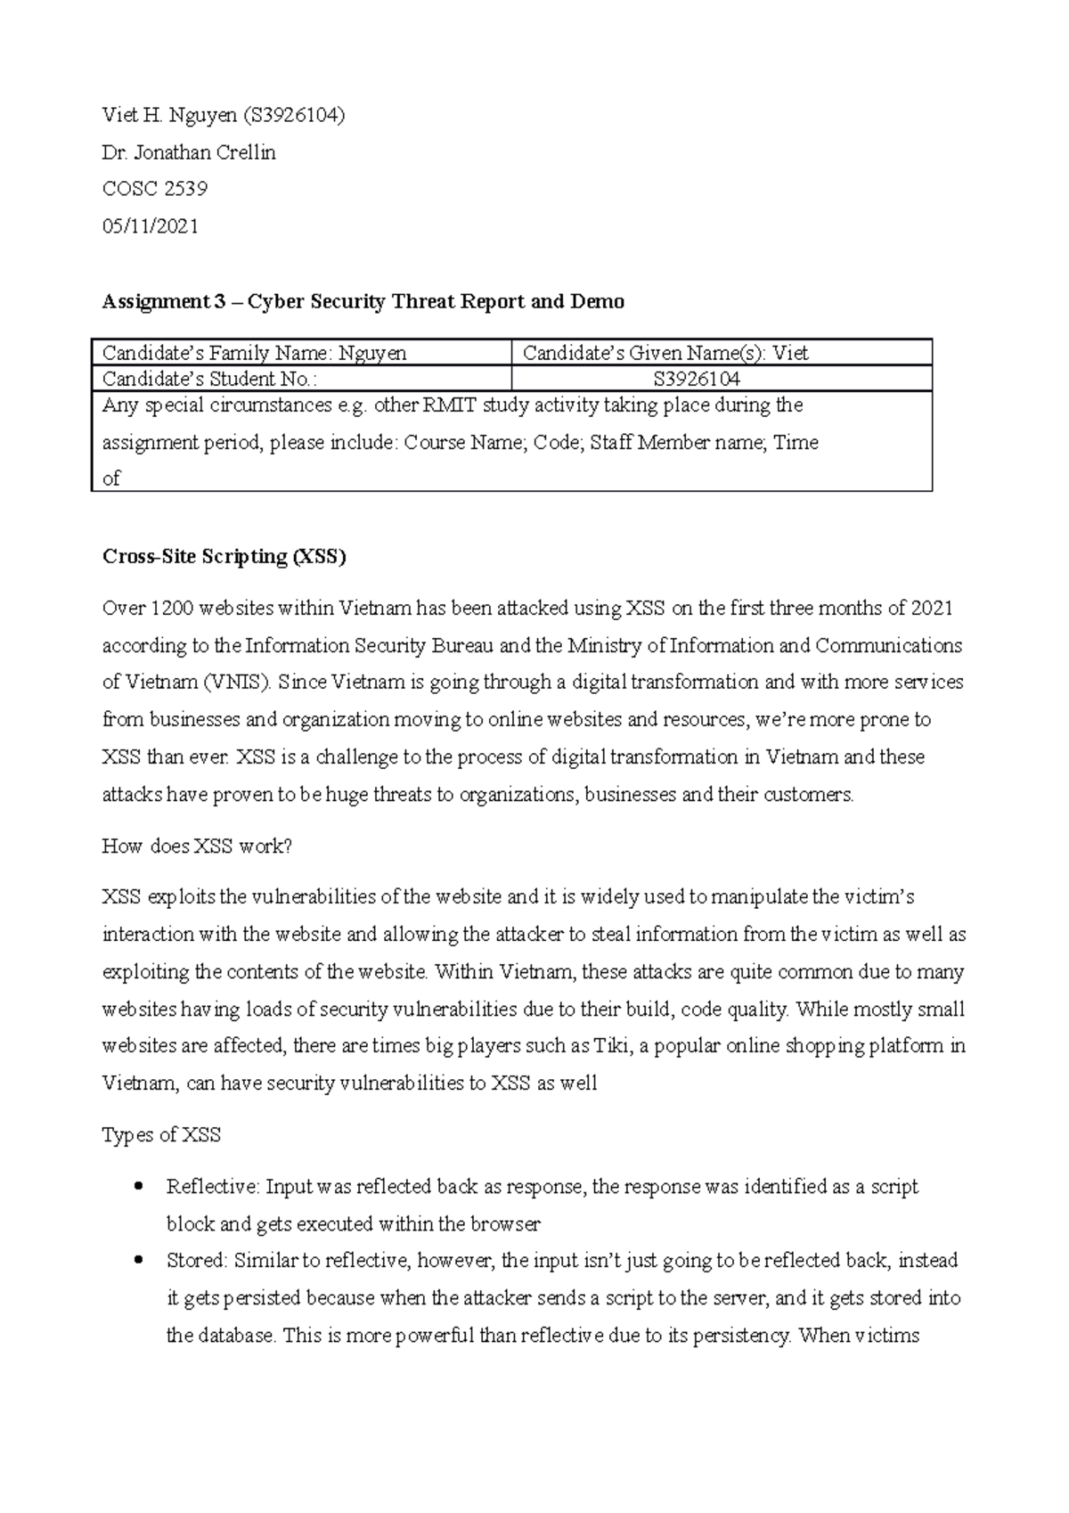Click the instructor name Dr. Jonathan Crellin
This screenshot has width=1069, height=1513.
coord(189,152)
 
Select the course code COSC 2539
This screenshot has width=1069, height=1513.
coord(155,189)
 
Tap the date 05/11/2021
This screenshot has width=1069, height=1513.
coord(151,226)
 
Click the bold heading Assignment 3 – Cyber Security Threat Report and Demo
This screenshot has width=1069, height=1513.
coord(363,301)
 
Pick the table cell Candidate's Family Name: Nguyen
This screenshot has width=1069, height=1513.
coord(255,353)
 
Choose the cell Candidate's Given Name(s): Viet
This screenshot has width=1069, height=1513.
coord(665,353)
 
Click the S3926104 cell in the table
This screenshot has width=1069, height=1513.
coord(697,379)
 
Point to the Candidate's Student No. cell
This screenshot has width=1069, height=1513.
coord(209,379)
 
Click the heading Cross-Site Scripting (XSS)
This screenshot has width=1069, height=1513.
coord(224,557)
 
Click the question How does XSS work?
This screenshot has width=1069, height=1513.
coord(198,846)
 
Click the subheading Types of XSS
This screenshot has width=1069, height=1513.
coord(161,1135)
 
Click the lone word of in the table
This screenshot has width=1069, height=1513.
coord(111,478)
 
